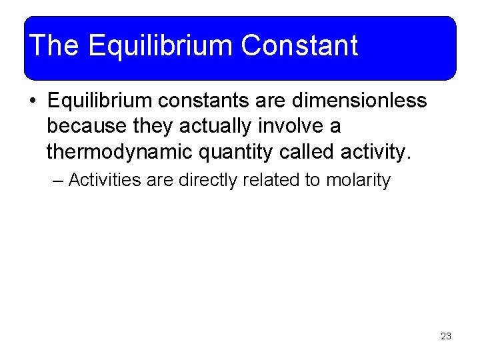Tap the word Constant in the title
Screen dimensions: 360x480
click(x=299, y=45)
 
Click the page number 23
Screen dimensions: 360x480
click(x=446, y=336)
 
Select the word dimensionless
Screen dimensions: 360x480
click(x=360, y=101)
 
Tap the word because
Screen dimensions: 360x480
click(x=87, y=127)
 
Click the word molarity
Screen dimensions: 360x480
click(x=358, y=181)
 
